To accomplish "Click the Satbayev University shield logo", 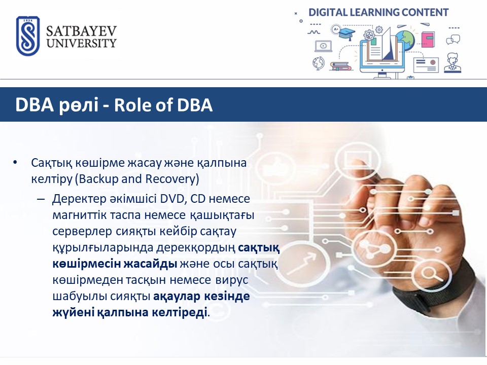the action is point(28,36).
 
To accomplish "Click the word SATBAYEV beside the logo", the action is point(81,31).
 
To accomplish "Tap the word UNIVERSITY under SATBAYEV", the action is point(81,43).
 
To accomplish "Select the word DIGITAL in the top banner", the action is point(328,12).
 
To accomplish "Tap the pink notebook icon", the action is point(428,40).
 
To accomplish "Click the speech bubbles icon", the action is point(453,40).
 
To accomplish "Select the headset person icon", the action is point(452,63).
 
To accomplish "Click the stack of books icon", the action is point(340,66).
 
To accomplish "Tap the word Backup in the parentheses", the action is point(98,179).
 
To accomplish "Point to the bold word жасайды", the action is point(150,264).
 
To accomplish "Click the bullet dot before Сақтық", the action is point(15,162).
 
